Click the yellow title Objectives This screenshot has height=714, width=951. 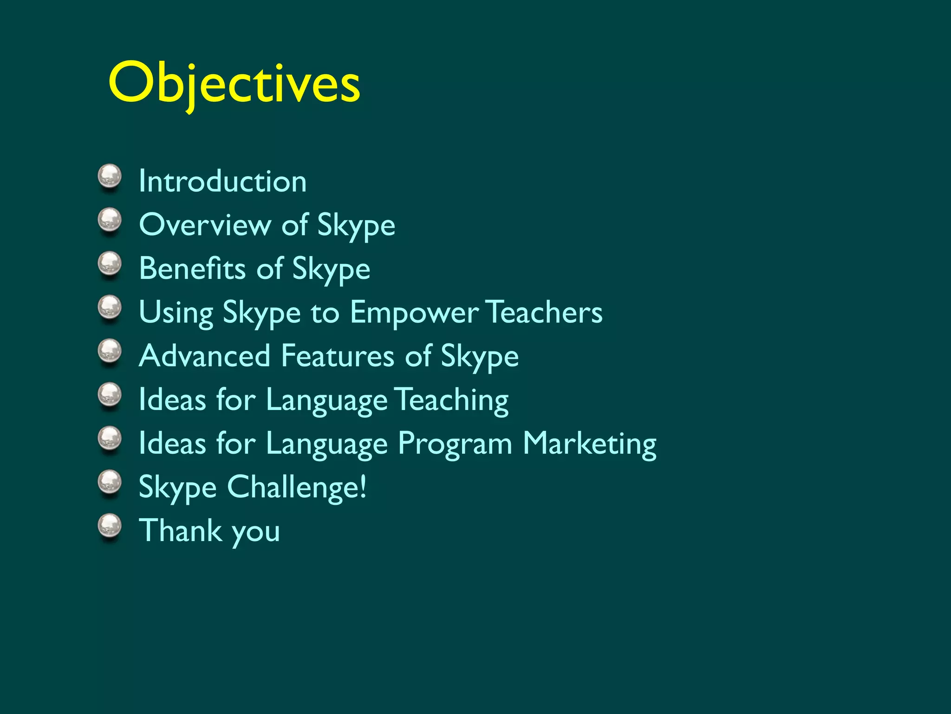coord(234,84)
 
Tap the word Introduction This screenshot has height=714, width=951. coord(222,181)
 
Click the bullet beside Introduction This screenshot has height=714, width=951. coord(110,177)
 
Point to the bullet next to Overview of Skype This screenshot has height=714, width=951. coord(110,220)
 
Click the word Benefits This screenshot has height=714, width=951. coord(192,268)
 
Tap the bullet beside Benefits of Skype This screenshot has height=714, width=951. coord(110,264)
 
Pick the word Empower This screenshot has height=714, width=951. coord(414,312)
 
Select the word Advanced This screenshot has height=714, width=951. coord(205,356)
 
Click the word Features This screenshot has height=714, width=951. coord(338,356)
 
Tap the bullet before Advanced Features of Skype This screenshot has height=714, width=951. coord(110,351)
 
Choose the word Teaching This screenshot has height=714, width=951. coord(453,400)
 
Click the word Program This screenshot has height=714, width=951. coord(455,444)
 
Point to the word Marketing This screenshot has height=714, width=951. coord(590,444)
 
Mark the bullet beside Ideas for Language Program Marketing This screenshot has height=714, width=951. coord(110,439)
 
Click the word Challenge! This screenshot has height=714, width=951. coord(297,488)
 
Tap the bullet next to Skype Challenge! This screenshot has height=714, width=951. coord(110,483)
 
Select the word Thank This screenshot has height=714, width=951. coord(181,530)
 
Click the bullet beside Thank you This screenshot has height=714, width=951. coord(110,526)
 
